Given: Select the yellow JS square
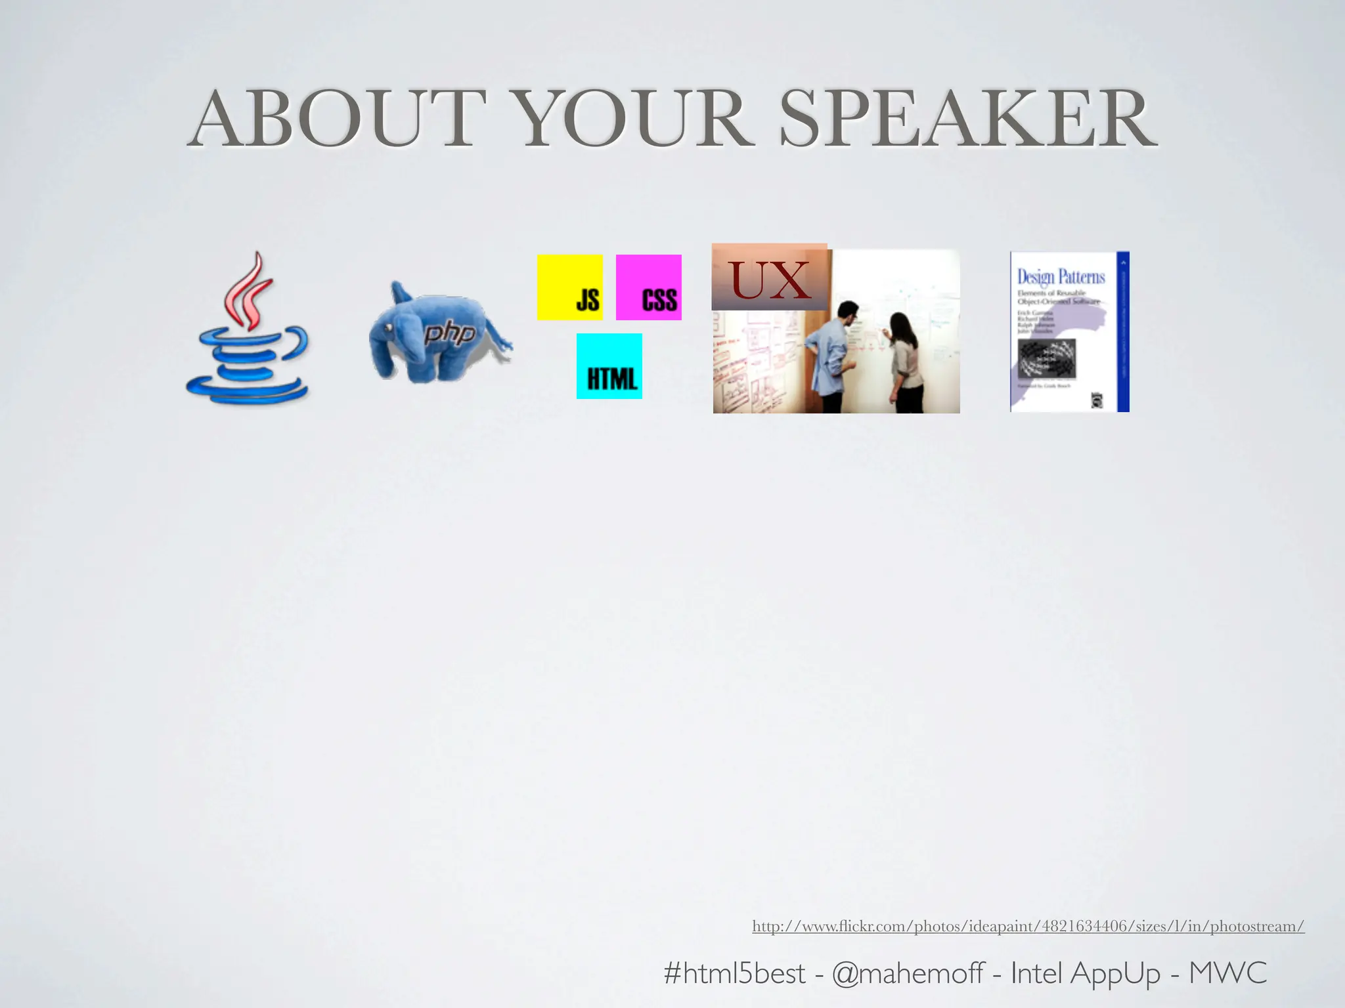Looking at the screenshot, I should coord(570,287).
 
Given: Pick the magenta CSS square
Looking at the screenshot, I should coord(649,287).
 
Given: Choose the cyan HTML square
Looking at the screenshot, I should coord(609,366).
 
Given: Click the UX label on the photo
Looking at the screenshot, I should coord(770,279).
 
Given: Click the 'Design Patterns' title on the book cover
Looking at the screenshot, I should coord(1061,276).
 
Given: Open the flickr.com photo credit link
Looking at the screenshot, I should coord(1028,926).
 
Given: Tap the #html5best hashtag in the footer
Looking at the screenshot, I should coord(734,973).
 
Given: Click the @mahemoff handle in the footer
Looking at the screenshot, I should coord(908,973).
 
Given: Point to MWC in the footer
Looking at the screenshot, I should coord(1227,973).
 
